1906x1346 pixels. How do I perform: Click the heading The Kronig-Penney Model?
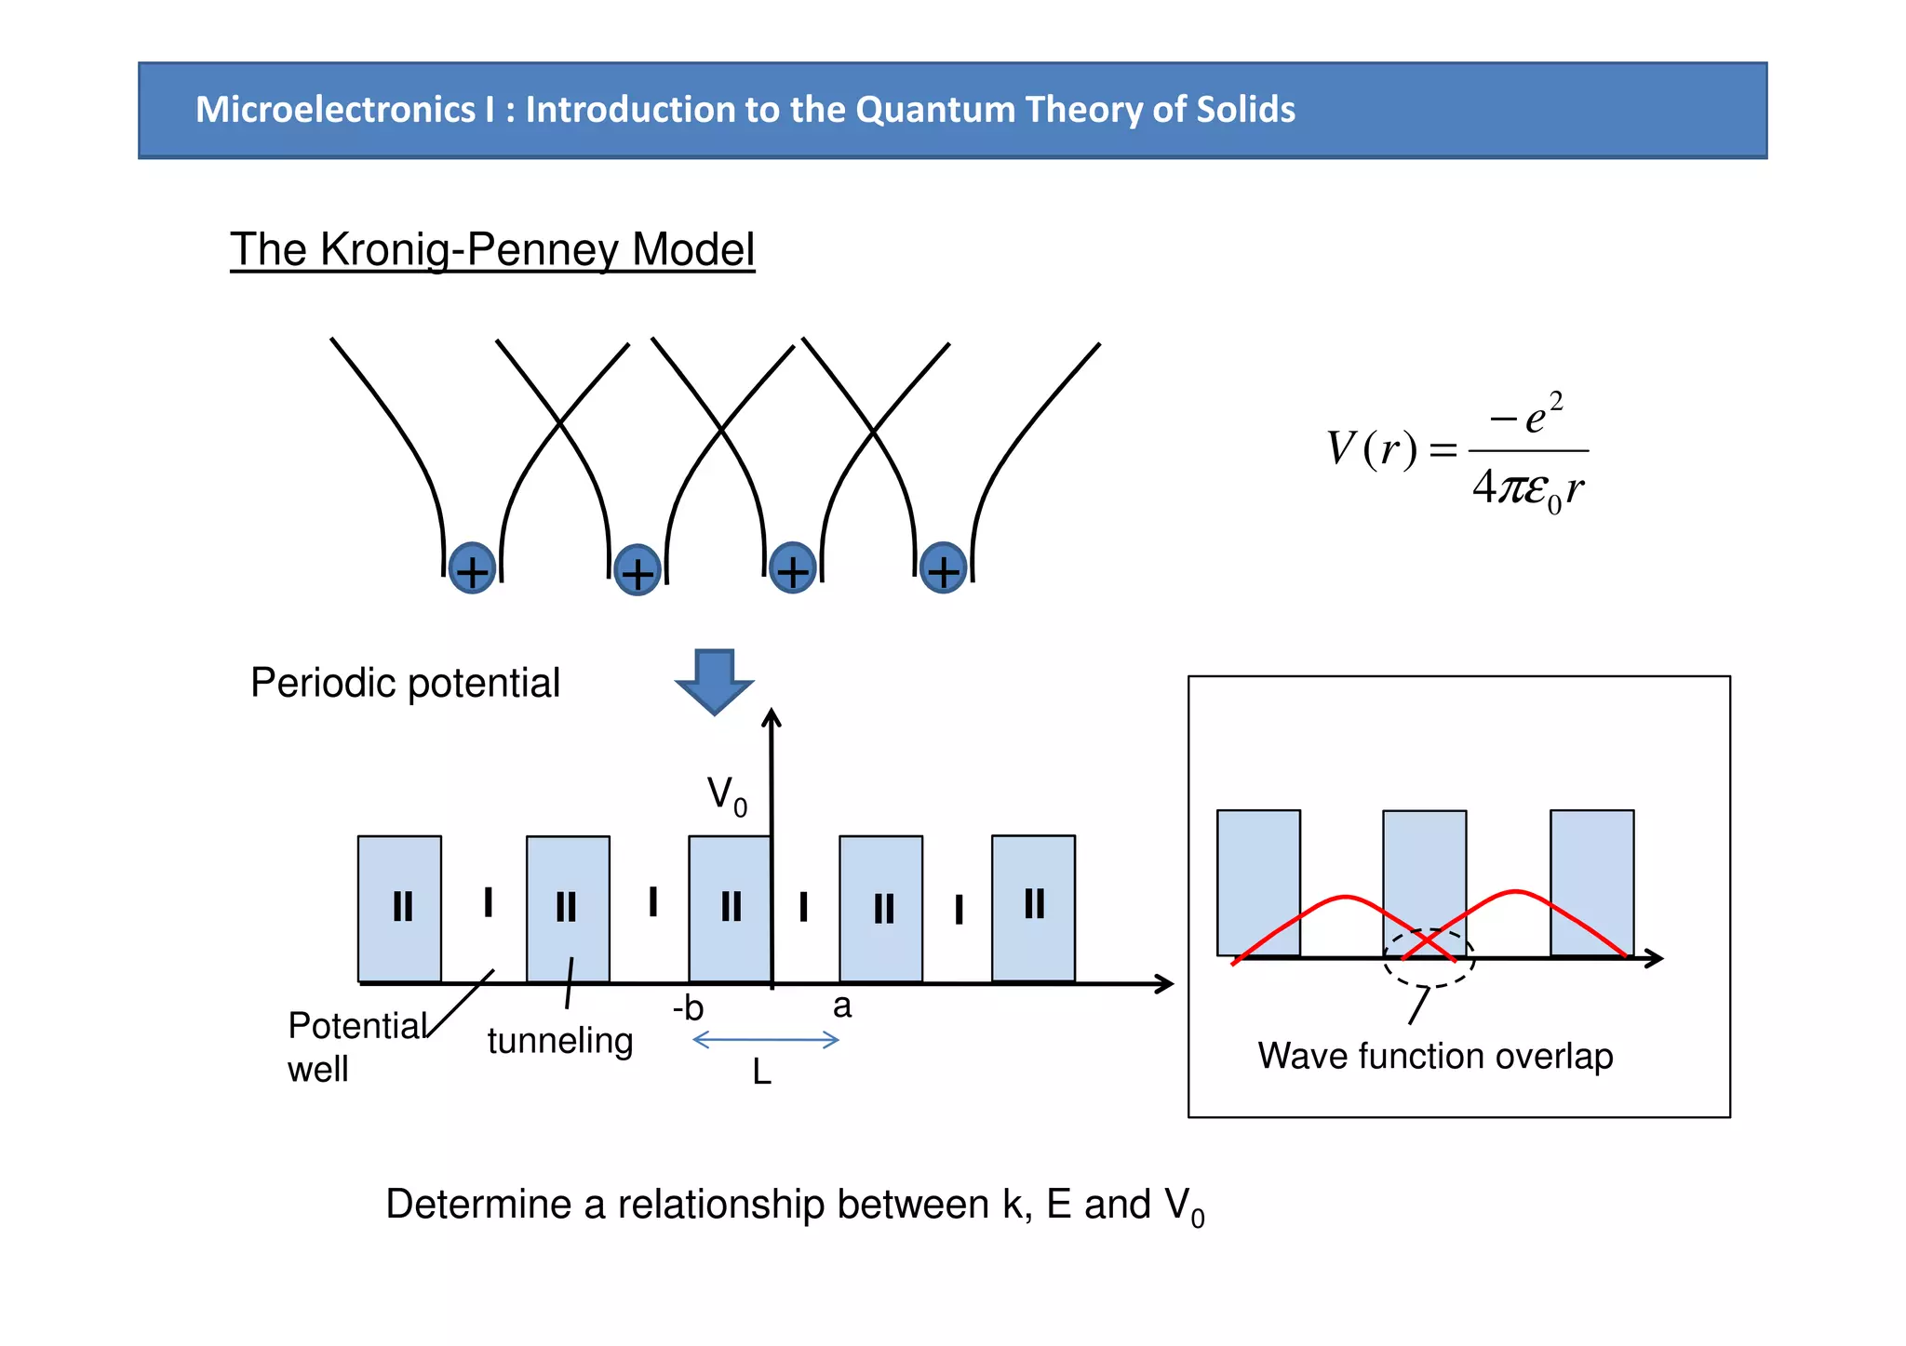[491, 249]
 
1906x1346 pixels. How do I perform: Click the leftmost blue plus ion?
[472, 569]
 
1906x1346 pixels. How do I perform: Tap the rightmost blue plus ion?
[943, 568]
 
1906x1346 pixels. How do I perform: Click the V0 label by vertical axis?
[727, 796]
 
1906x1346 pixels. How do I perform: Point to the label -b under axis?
[689, 1008]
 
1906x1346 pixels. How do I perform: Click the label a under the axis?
[842, 1006]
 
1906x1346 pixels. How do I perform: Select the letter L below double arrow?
[761, 1073]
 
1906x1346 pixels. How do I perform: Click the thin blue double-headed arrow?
[766, 1040]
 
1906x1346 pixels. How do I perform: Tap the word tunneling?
[559, 1040]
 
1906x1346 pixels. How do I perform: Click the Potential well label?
[354, 1046]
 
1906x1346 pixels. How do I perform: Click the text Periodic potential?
[405, 683]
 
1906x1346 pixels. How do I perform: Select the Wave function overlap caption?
[1434, 1056]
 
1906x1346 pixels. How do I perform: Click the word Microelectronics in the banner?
[335, 110]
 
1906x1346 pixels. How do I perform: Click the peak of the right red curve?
[1515, 892]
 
